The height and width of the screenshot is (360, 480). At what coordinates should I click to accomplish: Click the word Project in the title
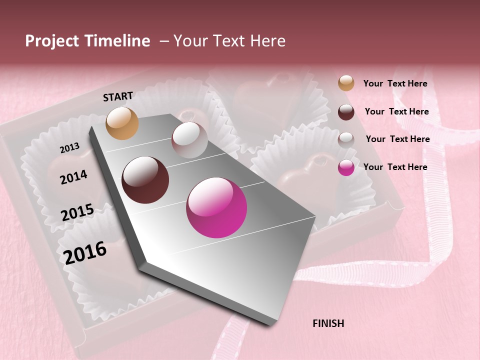coord(52,41)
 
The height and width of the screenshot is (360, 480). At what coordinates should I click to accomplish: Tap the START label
coord(118,96)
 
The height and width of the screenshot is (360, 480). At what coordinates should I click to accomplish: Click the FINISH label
coord(328,323)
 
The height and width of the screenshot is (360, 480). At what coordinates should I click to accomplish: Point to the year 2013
coord(69,147)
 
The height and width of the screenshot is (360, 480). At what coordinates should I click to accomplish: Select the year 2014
coord(73,177)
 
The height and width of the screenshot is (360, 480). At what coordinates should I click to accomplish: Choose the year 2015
coord(77,212)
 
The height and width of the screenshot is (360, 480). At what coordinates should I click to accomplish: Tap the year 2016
coord(85,252)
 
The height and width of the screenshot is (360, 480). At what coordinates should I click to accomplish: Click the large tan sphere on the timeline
coord(122,123)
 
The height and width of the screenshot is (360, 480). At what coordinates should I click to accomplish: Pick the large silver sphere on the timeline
coord(189,140)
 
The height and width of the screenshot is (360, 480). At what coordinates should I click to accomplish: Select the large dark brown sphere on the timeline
coord(145,180)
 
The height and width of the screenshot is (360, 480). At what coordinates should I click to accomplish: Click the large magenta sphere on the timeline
coord(216,207)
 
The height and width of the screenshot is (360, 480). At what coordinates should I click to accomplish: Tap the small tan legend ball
coord(346,83)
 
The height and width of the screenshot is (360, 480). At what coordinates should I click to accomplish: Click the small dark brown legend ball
coord(346,112)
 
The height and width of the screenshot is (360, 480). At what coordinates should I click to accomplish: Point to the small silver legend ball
coord(346,139)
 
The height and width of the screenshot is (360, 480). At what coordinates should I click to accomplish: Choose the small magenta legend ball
coord(346,167)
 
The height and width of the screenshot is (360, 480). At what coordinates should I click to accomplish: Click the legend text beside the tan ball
coord(395,83)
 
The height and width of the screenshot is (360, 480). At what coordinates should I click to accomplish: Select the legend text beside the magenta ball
coord(395,167)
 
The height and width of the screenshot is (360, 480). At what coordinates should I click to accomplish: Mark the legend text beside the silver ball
coord(397,139)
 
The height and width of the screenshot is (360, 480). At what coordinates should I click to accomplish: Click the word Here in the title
coord(267,41)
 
